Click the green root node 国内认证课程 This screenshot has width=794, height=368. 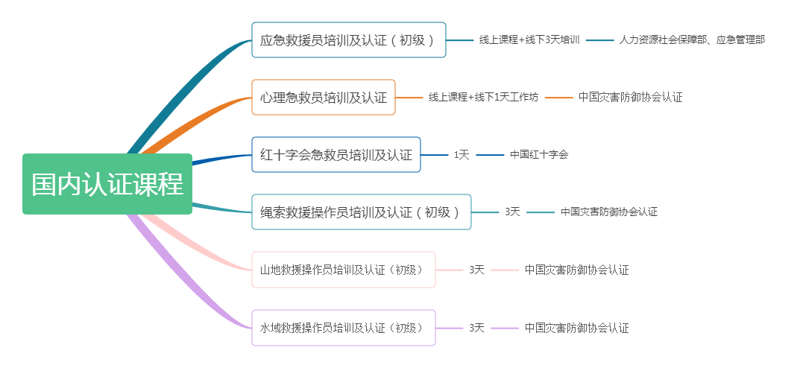point(107,184)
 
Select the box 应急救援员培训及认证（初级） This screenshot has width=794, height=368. point(348,40)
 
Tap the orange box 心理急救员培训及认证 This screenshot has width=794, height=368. point(323,98)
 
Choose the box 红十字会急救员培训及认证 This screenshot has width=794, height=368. point(335,155)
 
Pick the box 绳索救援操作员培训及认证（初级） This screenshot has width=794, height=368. point(361,212)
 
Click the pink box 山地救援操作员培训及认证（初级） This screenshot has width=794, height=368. point(343,270)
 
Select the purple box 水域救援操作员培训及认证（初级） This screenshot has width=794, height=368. point(343,328)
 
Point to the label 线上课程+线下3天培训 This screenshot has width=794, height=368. point(529,40)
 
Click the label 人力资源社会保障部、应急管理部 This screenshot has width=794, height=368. point(692,40)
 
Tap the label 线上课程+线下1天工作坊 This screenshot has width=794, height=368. point(483,98)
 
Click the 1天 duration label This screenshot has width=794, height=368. point(461,155)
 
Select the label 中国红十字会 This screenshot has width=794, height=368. point(539,155)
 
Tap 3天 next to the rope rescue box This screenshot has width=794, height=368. point(512,212)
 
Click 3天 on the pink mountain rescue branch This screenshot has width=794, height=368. point(476,270)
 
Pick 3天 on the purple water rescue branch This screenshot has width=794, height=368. point(476,328)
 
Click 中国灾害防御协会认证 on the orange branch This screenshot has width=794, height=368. point(630,98)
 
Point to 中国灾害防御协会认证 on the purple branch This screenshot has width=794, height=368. point(576,328)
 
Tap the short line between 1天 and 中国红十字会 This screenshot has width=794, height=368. point(490,155)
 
